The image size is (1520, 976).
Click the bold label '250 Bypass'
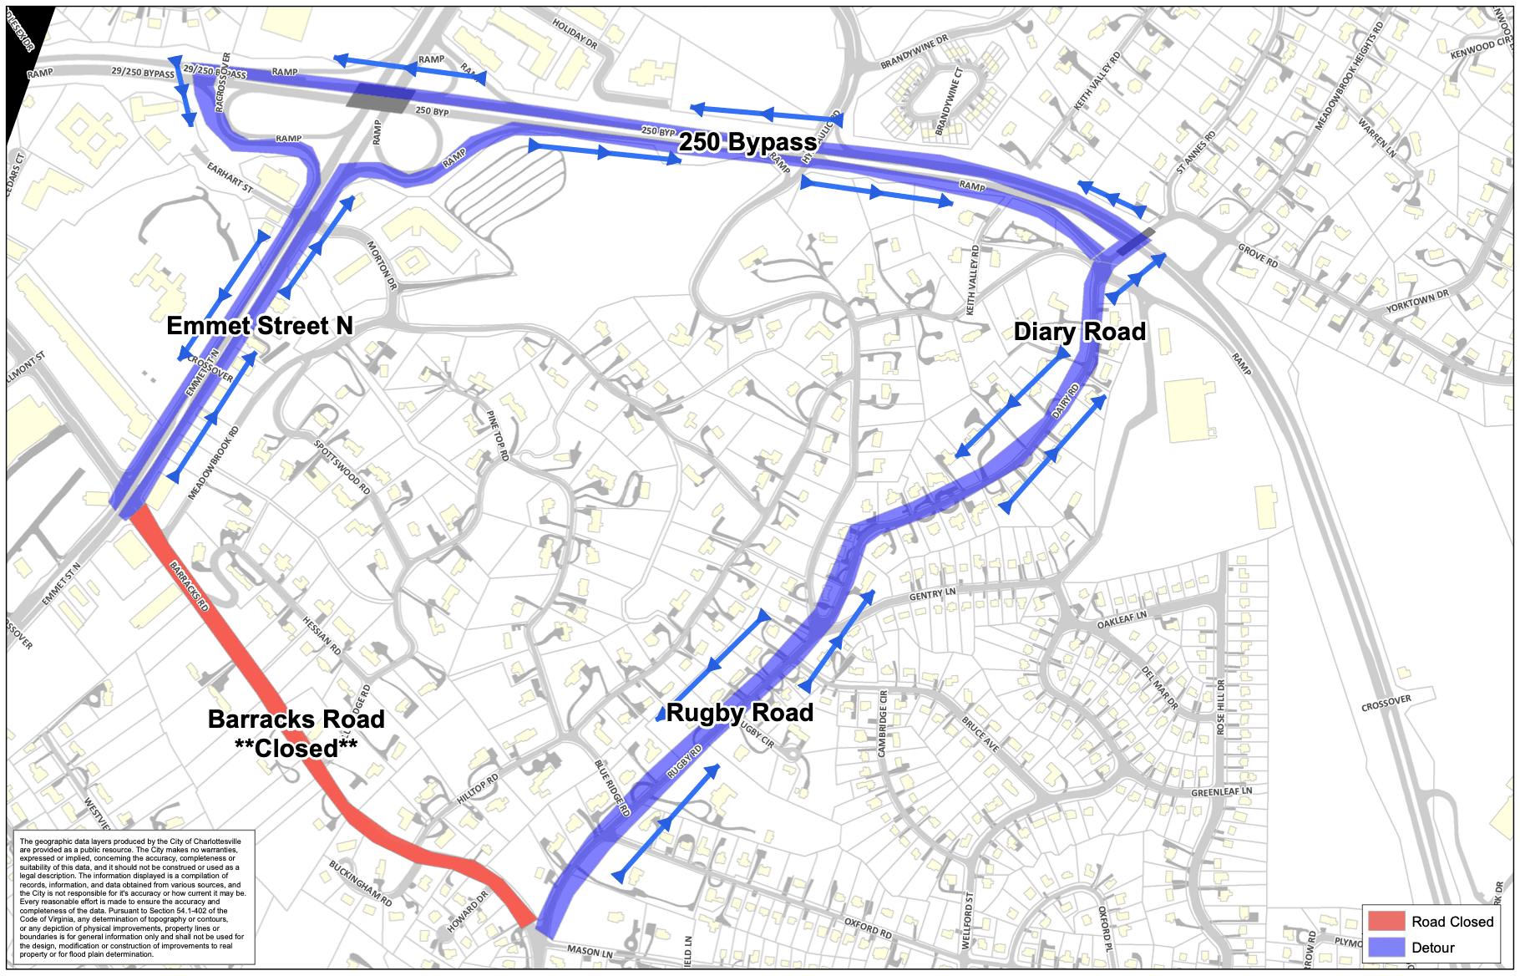(x=747, y=143)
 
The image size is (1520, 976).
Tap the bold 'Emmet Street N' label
(x=260, y=326)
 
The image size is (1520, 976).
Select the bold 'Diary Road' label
(x=1079, y=332)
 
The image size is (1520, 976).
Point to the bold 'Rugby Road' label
(x=740, y=713)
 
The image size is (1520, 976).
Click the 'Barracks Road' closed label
(x=296, y=733)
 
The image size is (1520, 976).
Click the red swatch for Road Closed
(x=1386, y=921)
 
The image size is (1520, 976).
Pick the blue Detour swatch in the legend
(x=1386, y=947)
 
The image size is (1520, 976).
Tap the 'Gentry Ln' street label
(x=932, y=595)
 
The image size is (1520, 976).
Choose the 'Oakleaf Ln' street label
(x=1122, y=620)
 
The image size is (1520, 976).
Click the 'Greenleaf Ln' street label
(x=1221, y=791)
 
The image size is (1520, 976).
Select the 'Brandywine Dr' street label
(x=915, y=52)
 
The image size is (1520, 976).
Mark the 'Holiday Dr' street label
(x=575, y=33)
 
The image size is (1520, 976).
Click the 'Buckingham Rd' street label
(x=360, y=883)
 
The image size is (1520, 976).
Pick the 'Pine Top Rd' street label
(x=497, y=435)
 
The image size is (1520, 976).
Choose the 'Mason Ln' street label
(x=590, y=951)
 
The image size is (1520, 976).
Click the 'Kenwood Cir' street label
(x=1481, y=48)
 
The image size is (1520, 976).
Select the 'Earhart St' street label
(x=230, y=177)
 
